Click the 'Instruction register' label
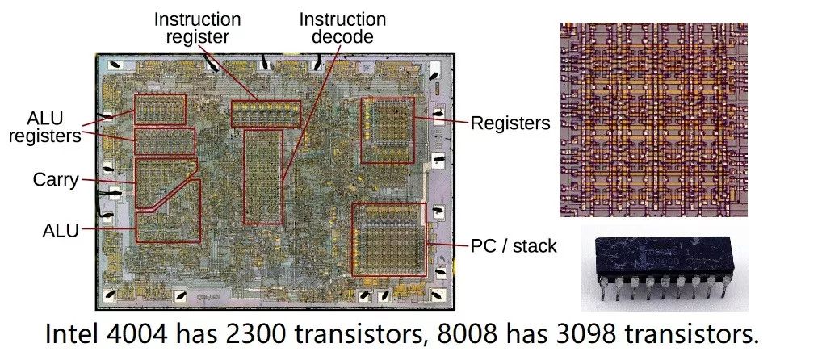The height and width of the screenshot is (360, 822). [197, 28]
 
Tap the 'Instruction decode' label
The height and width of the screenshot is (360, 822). [342, 28]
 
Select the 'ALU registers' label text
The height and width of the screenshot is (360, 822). [44, 126]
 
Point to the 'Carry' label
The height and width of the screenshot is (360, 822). [56, 180]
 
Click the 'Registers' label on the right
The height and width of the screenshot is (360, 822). [510, 123]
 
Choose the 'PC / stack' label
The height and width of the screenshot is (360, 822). [514, 245]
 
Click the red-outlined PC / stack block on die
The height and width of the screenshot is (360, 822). [388, 239]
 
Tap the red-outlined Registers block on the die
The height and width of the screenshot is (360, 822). [387, 130]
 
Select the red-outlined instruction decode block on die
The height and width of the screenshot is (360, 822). [263, 177]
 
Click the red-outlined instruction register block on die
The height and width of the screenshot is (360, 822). [266, 113]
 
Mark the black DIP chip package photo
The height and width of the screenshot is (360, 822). [665, 268]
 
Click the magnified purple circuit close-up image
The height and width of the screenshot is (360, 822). [654, 119]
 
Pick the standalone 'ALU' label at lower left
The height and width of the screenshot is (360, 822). [61, 230]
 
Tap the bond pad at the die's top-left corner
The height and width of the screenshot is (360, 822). [115, 65]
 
